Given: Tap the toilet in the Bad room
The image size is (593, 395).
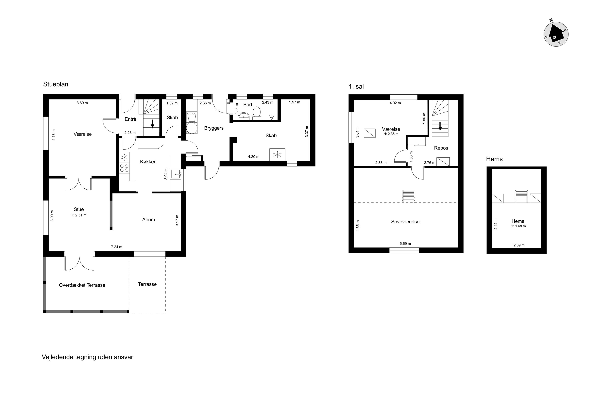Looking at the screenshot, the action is (x=257, y=113).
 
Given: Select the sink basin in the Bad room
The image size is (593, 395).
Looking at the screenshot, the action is (x=244, y=116).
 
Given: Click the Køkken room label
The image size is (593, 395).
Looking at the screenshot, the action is (x=148, y=162).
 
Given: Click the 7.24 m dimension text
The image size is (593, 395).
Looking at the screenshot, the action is (x=116, y=247).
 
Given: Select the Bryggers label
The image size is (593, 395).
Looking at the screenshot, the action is (x=214, y=128).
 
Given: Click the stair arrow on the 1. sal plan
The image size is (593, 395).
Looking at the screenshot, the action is (x=440, y=126).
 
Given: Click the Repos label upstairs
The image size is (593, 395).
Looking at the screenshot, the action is (x=441, y=148).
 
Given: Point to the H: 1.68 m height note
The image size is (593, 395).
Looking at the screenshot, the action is (x=518, y=226).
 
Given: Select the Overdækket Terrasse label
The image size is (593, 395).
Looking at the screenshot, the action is (x=82, y=285).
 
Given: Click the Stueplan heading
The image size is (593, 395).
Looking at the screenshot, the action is (x=56, y=84).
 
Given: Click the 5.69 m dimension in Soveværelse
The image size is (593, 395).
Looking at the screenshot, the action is (x=405, y=244).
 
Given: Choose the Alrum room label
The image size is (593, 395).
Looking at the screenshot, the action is (x=148, y=220).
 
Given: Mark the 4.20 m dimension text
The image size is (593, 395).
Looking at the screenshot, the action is (x=254, y=157).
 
